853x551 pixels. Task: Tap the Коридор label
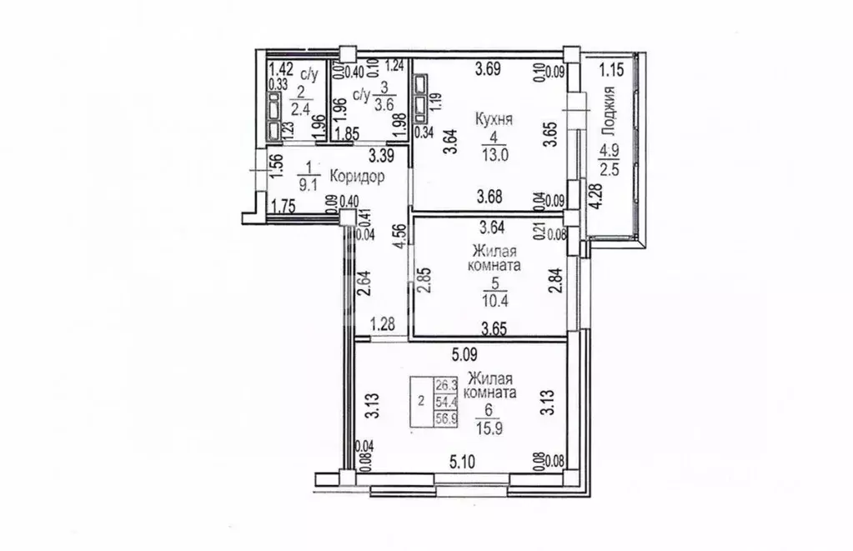point(356,177)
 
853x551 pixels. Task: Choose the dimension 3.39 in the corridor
point(382,154)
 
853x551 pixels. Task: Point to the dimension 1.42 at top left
point(280,70)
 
